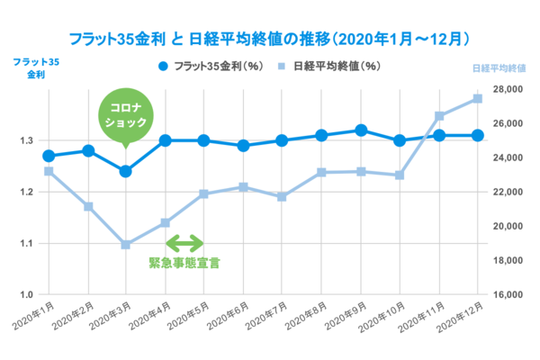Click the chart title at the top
click(x=270, y=39)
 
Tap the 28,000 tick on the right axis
click(x=507, y=89)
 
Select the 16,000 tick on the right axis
click(x=507, y=294)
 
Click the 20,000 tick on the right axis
click(x=507, y=226)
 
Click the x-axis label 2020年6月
click(x=230, y=318)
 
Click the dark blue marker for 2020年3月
click(x=126, y=171)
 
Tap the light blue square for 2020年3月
click(x=126, y=244)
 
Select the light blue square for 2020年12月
click(x=478, y=99)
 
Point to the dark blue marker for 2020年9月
click(x=361, y=130)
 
